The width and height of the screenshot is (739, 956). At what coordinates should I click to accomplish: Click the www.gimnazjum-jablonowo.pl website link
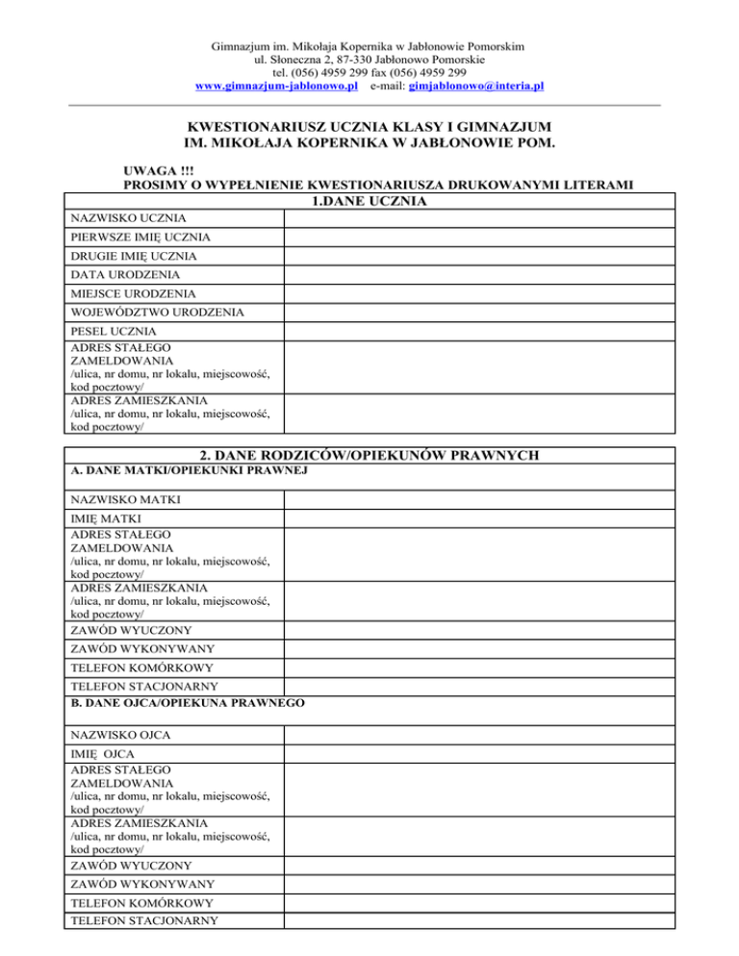click(276, 86)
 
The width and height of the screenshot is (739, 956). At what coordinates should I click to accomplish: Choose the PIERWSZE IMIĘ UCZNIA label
click(140, 238)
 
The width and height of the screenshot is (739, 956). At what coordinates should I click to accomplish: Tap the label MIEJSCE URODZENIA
click(134, 293)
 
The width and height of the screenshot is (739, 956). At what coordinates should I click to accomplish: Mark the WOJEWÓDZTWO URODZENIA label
click(157, 313)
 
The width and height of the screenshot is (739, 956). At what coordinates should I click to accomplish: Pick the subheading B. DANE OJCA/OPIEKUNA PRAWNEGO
click(190, 704)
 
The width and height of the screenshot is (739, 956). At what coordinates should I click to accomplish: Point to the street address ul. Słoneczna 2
click(290, 59)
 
